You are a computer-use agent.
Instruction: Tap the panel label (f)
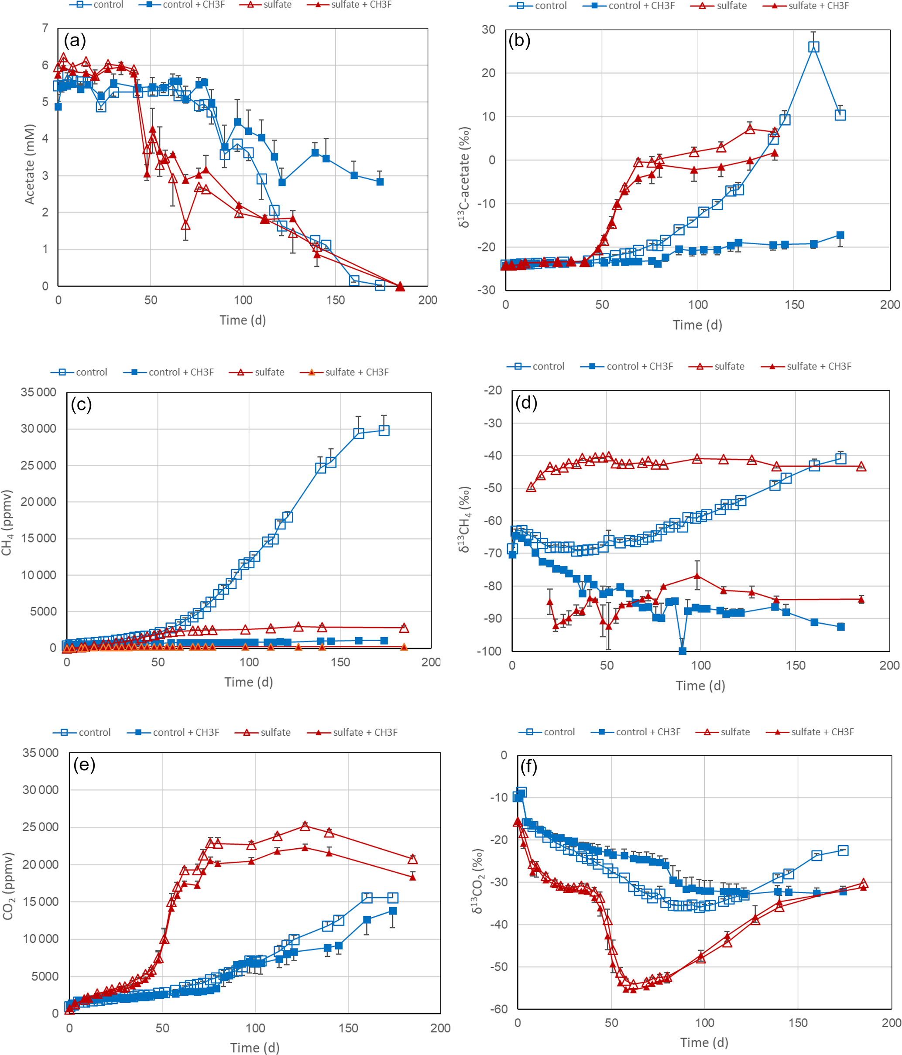click(x=528, y=766)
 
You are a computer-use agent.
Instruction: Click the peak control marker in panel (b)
click(x=814, y=47)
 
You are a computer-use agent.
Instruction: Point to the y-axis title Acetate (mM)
click(x=30, y=164)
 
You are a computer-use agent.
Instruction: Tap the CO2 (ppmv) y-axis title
click(x=8, y=886)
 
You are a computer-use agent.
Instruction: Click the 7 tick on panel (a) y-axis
click(x=45, y=28)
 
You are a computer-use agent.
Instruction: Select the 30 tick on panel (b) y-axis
click(x=488, y=30)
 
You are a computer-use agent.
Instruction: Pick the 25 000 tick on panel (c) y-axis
click(x=38, y=465)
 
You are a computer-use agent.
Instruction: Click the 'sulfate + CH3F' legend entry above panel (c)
click(x=357, y=372)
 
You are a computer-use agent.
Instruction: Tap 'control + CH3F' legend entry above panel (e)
click(x=185, y=732)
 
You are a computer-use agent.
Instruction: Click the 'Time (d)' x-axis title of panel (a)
click(x=243, y=320)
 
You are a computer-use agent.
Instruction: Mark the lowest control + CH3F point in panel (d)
click(x=683, y=651)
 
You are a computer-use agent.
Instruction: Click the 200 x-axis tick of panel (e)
click(x=440, y=1028)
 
